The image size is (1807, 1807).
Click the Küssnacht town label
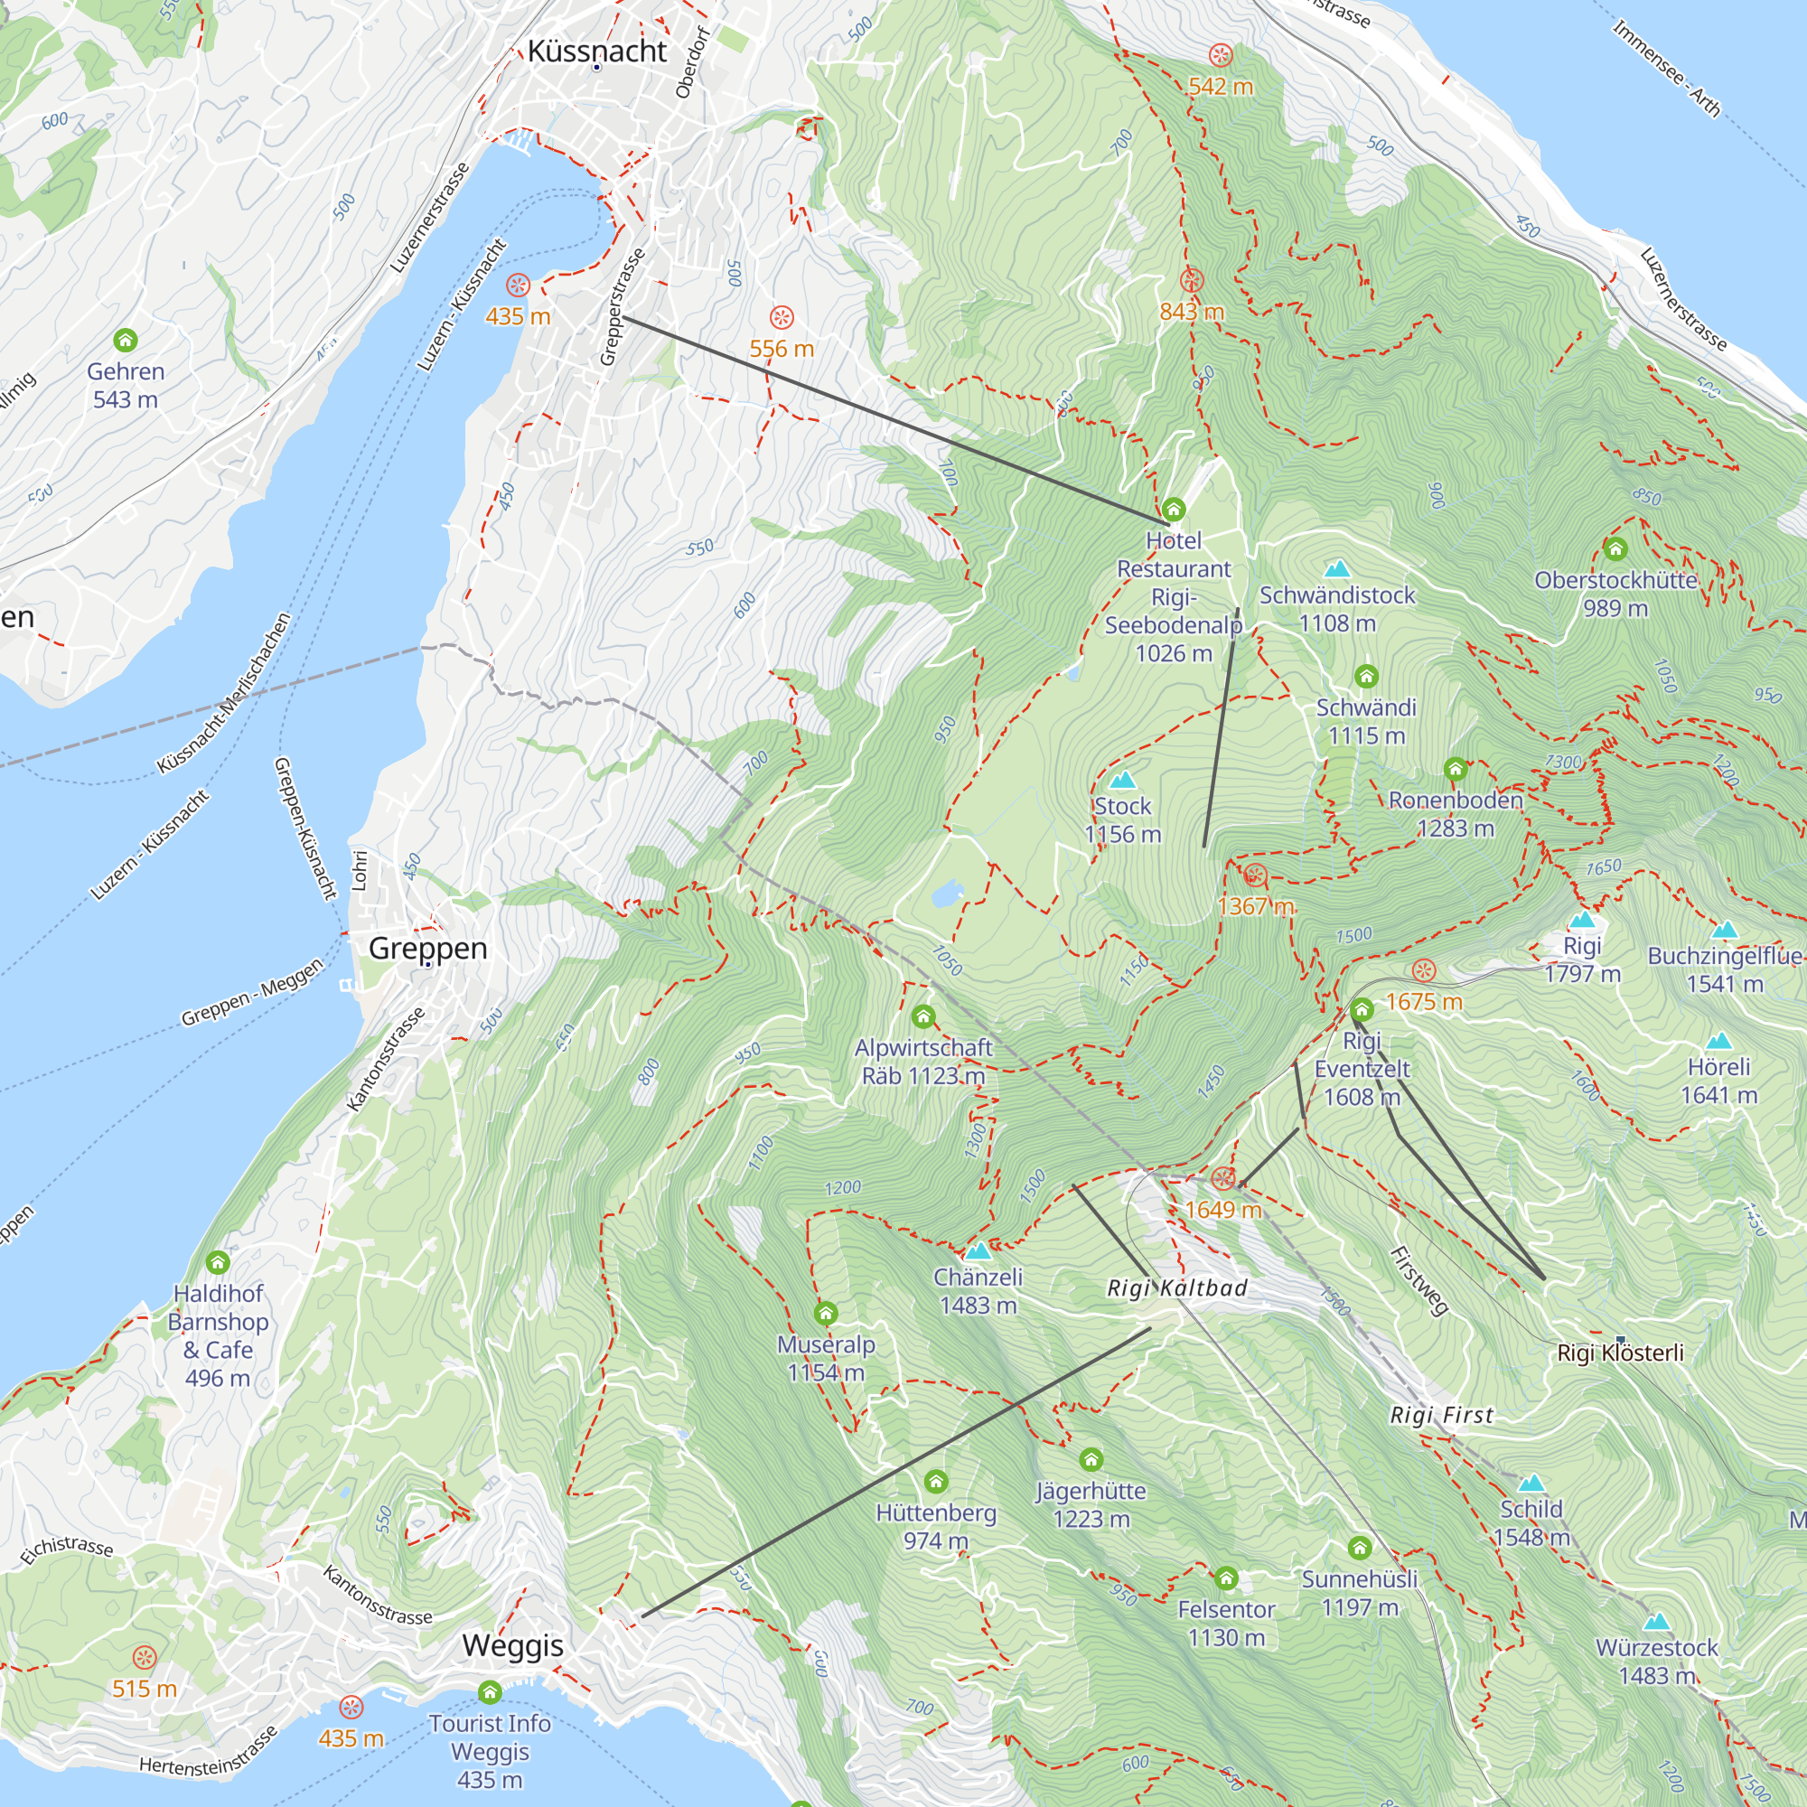[596, 51]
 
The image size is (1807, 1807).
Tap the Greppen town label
[427, 948]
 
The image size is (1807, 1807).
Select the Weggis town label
[512, 1644]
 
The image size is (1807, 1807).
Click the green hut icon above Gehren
[126, 340]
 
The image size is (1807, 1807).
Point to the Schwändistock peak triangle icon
[1337, 568]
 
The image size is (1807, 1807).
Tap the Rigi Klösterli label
[1620, 1353]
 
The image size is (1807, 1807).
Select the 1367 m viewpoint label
[1255, 905]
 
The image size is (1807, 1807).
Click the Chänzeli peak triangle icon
[978, 1251]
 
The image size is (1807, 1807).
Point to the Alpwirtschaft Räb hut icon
[924, 1016]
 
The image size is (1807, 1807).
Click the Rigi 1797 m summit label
[1582, 960]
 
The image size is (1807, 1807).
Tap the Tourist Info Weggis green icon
[490, 1692]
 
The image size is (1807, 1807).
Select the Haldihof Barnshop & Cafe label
[218, 1335]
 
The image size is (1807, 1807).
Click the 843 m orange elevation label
[1192, 312]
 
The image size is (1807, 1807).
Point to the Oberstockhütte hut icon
[1615, 549]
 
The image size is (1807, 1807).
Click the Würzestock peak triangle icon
[1656, 1622]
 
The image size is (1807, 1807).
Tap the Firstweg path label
[1418, 1281]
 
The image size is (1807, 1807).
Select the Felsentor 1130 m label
[1226, 1623]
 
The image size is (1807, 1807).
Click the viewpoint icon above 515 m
[144, 1658]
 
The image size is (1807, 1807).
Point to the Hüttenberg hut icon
[936, 1482]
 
